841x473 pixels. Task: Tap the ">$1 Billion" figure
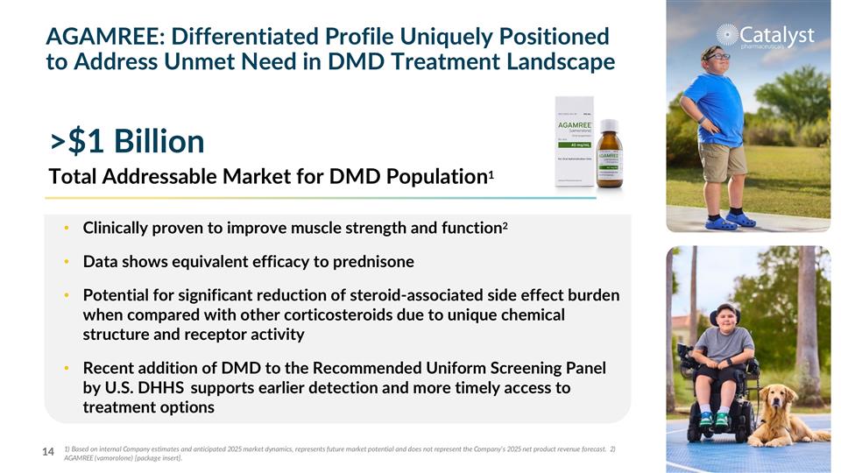(x=128, y=140)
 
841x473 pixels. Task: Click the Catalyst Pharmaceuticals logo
(x=765, y=36)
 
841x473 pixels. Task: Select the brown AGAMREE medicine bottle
(x=610, y=156)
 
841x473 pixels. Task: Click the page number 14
(x=49, y=452)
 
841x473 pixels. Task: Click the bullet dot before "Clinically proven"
(x=67, y=229)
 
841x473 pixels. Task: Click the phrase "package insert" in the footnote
(x=153, y=459)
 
